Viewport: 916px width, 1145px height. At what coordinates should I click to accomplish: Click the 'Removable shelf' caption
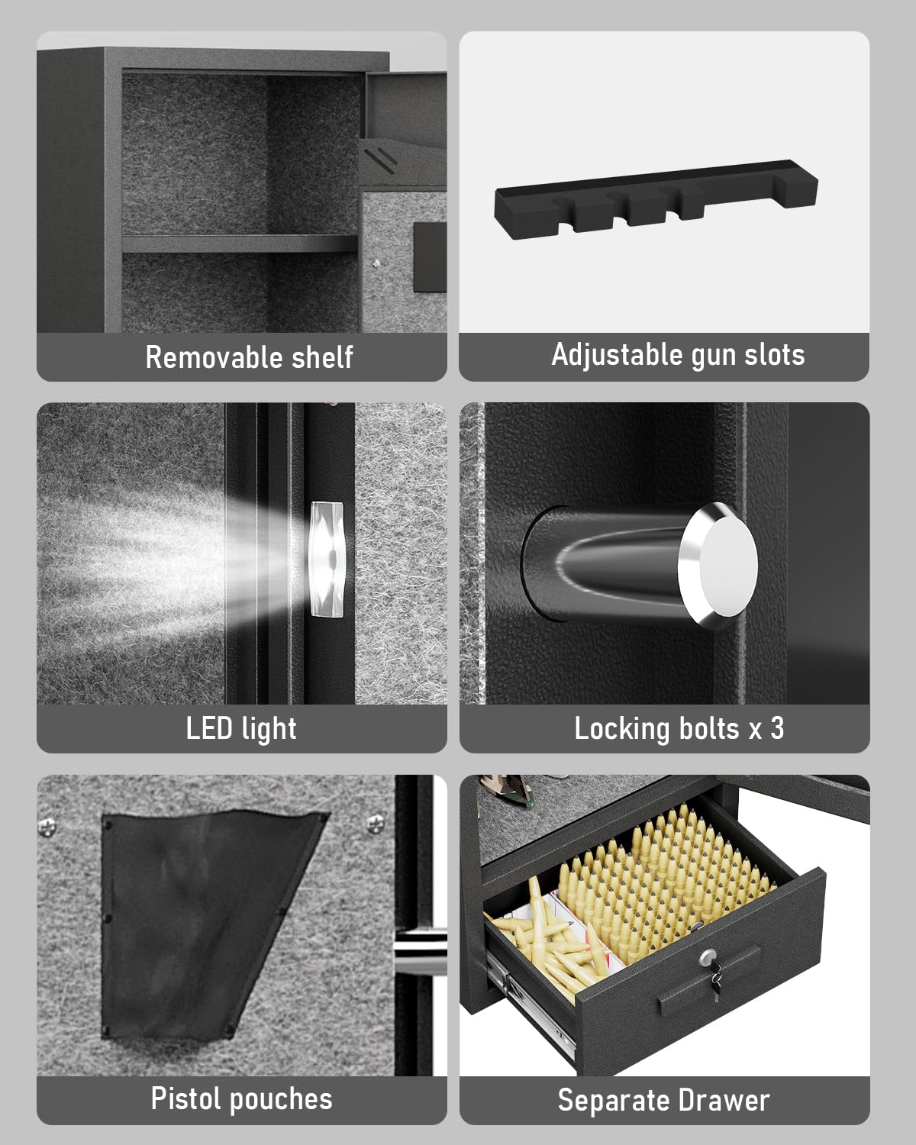pos(249,357)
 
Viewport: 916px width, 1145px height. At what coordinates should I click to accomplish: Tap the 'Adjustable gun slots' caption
pos(678,355)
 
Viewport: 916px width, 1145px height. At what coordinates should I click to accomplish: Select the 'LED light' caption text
pos(241,728)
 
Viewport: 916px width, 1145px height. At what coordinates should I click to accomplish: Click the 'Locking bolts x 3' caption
pos(679,728)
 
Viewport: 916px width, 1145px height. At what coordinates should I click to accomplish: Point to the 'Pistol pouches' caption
pos(241,1098)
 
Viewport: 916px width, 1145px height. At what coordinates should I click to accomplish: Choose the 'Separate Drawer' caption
pos(663,1100)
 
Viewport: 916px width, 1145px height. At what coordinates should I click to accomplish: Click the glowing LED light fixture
pos(327,559)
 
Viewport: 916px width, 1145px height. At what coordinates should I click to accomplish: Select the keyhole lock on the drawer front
pos(709,956)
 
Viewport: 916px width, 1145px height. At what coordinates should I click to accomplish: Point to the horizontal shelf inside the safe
pos(240,244)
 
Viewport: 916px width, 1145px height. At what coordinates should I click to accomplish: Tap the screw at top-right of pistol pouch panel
pos(375,824)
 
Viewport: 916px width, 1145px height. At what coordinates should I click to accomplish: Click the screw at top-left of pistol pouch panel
pos(47,824)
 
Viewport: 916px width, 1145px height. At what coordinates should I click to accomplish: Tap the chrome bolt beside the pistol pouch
pos(419,950)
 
